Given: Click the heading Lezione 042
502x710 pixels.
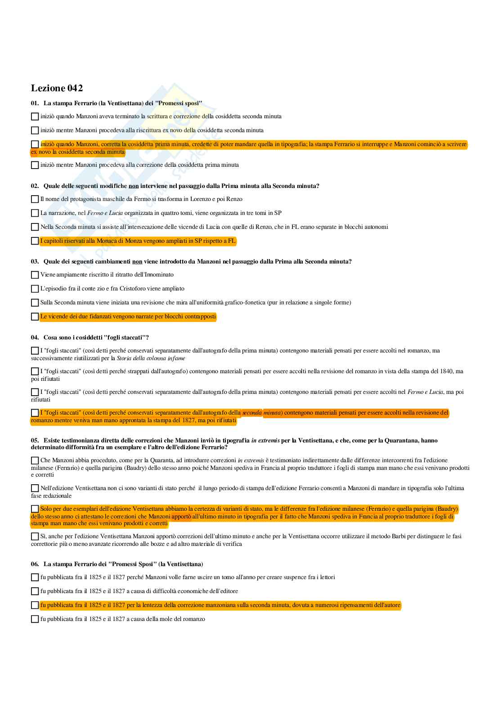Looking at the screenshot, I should coord(57,88).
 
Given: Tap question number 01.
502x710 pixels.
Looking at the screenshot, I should coord(35,103).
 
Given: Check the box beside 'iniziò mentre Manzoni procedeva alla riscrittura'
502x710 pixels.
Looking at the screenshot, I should coord(35,130).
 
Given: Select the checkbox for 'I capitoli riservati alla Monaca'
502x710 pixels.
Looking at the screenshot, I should coord(35,241).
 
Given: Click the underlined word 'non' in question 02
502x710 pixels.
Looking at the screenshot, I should coord(134,186).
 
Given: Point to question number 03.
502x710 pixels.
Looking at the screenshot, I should coord(35,262).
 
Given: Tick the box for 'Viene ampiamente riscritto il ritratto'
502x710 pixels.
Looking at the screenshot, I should coord(35,275).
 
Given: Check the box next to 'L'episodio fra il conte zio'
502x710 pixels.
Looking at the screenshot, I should coord(35,289).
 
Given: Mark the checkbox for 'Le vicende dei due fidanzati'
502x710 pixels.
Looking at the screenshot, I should coord(35,317).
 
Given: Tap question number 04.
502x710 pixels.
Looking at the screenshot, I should coord(35,338).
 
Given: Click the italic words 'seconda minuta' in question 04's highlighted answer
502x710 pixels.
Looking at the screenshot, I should coord(261,413).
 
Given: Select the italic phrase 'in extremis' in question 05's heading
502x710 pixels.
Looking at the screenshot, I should coord(265,441).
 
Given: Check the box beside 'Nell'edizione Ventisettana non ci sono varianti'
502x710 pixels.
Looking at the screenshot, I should coord(35,488).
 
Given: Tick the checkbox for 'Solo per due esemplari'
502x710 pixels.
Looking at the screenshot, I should coord(35,509).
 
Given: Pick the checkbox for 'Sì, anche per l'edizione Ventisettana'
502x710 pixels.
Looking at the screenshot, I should coord(35,536).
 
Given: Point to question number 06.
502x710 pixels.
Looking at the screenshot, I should coord(35,564).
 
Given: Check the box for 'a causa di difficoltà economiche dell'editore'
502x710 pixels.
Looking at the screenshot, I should coord(35,591).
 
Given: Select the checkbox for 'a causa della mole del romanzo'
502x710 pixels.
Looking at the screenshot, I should coord(35,619).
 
